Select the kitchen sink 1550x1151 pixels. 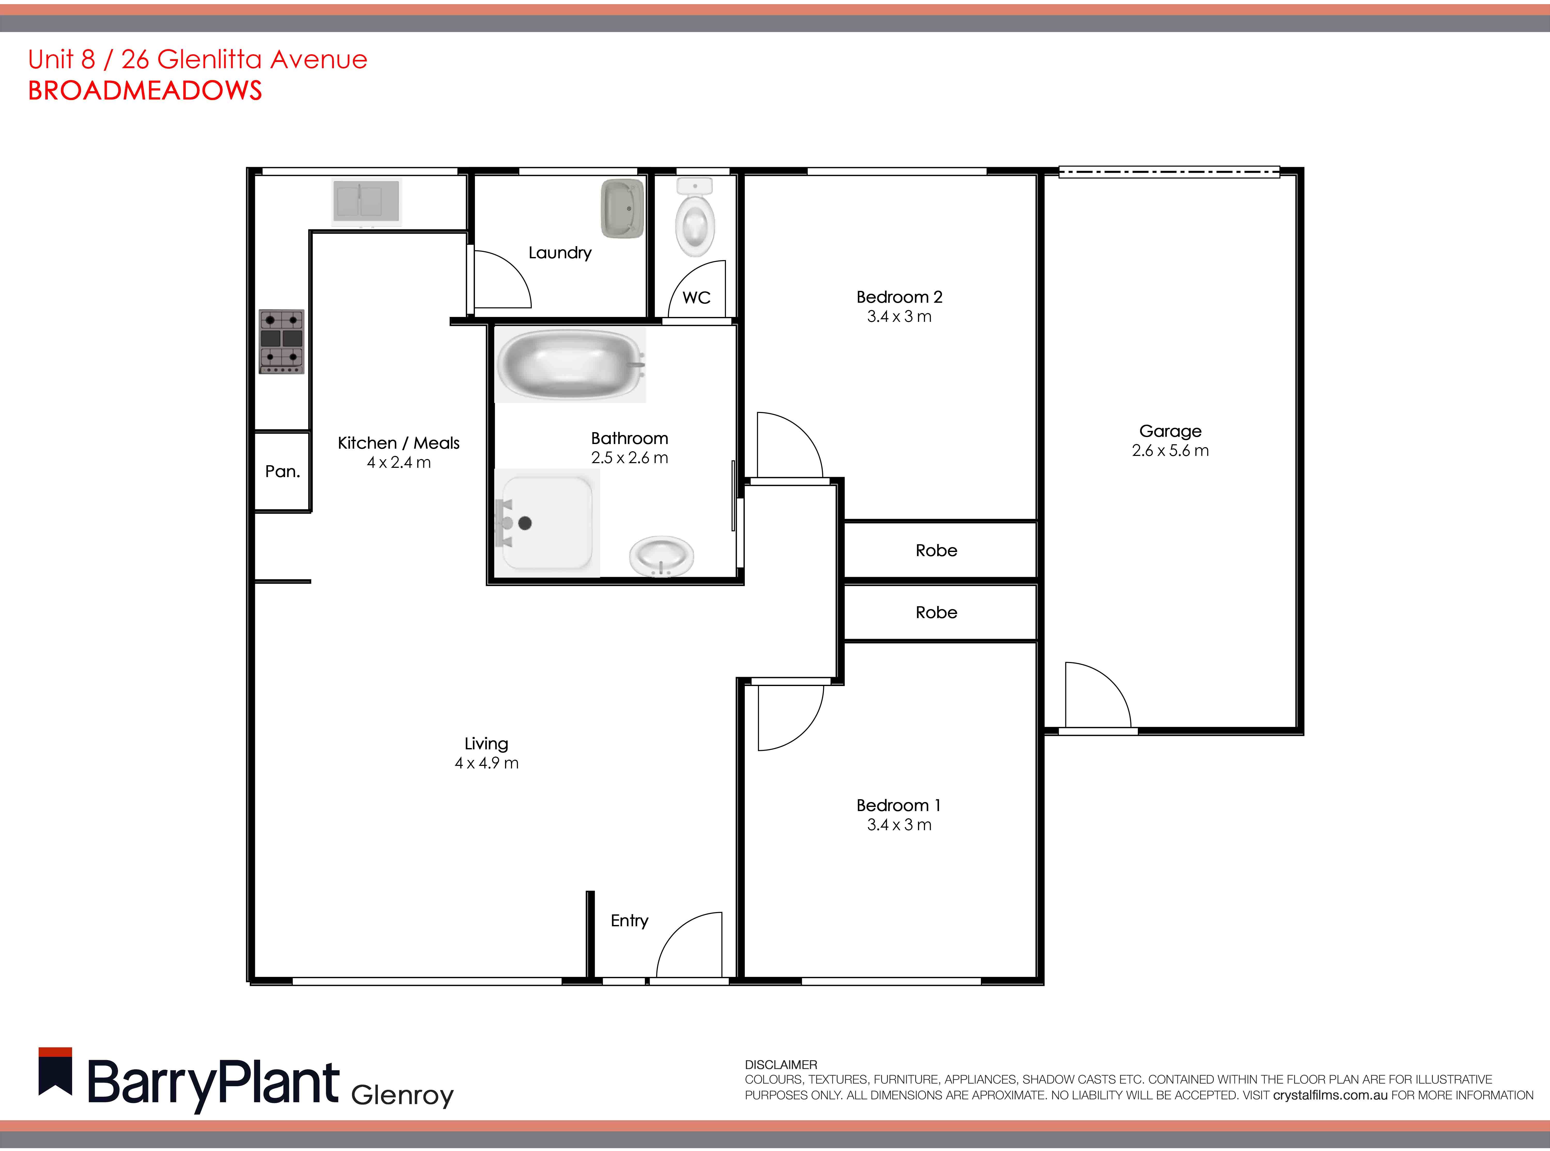[366, 201]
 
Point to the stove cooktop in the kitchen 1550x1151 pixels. [281, 341]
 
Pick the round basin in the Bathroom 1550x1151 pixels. [661, 556]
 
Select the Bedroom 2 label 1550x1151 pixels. [899, 297]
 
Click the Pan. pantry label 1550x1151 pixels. [282, 472]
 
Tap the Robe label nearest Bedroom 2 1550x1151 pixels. [936, 550]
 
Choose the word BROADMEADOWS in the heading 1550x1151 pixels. [145, 91]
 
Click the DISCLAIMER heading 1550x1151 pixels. [780, 1065]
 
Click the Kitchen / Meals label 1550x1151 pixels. [398, 443]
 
